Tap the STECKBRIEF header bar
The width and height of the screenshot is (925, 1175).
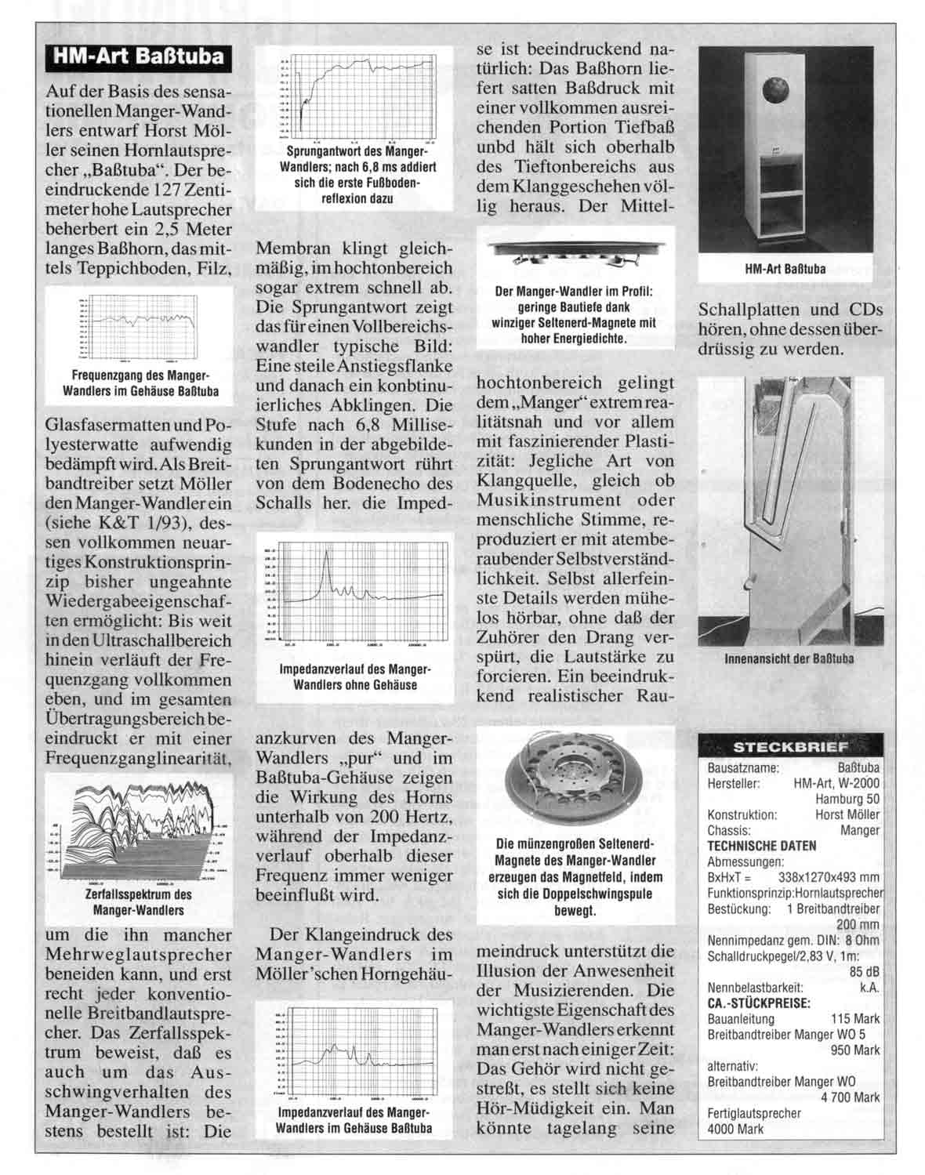(x=789, y=745)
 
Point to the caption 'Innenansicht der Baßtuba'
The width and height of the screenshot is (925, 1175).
(x=789, y=658)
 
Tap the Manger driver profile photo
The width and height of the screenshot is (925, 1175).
(x=575, y=252)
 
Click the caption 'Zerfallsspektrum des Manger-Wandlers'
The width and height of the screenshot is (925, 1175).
(x=138, y=902)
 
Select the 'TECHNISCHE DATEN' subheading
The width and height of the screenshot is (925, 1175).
(x=750, y=846)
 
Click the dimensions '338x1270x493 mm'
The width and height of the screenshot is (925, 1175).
(x=829, y=877)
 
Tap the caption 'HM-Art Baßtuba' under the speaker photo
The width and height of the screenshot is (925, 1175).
(x=785, y=269)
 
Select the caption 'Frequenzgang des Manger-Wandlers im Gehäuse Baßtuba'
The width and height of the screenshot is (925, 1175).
(x=140, y=383)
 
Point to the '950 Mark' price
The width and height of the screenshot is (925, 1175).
(x=855, y=1050)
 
